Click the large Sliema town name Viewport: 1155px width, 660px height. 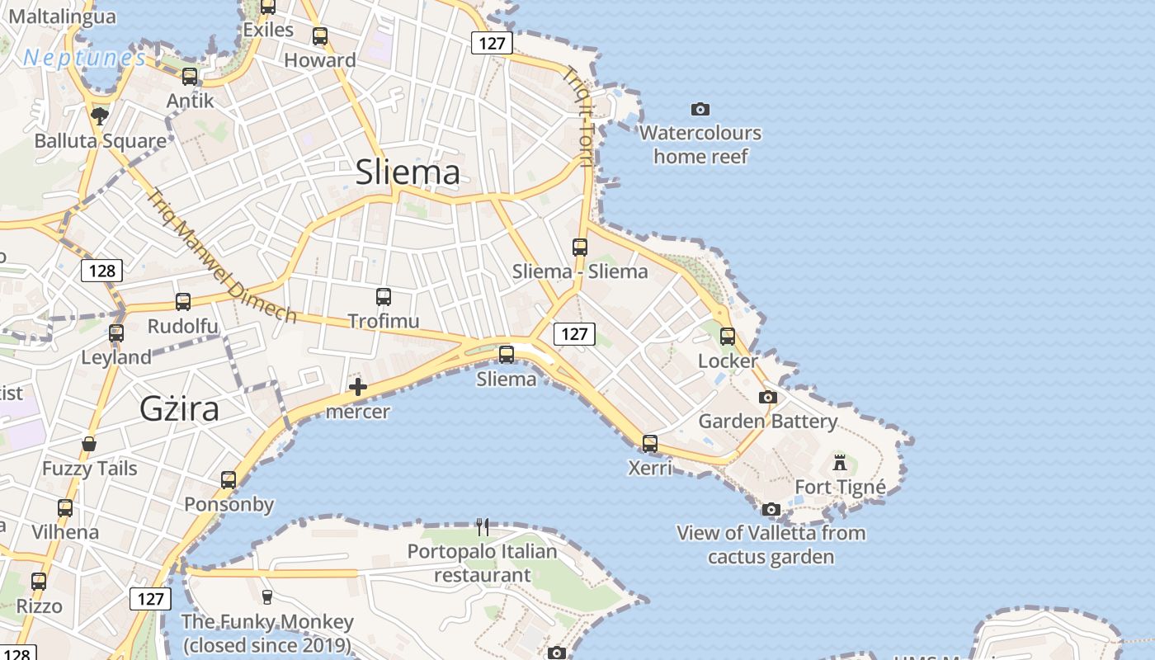point(408,172)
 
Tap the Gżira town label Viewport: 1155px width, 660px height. point(179,409)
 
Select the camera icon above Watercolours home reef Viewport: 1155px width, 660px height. point(700,109)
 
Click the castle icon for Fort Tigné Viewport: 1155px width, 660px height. point(840,462)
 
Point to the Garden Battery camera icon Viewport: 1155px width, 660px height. point(767,397)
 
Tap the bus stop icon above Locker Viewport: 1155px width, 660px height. point(727,337)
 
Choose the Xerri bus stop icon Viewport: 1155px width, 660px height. point(650,444)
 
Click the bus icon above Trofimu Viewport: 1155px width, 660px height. point(384,297)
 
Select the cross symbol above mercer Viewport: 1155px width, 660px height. point(358,387)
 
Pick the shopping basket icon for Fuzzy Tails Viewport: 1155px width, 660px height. point(89,445)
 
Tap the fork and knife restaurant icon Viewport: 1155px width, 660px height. point(483,526)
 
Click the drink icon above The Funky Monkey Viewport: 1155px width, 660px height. point(266,596)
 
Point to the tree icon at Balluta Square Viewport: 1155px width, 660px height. point(100,116)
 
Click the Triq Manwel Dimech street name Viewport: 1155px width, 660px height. point(221,256)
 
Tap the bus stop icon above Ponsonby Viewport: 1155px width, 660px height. point(229,480)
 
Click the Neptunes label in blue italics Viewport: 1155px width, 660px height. point(85,58)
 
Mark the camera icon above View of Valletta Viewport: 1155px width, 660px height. point(771,509)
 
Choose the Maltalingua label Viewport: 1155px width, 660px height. point(62,16)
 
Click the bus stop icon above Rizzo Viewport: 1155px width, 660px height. point(38,582)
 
